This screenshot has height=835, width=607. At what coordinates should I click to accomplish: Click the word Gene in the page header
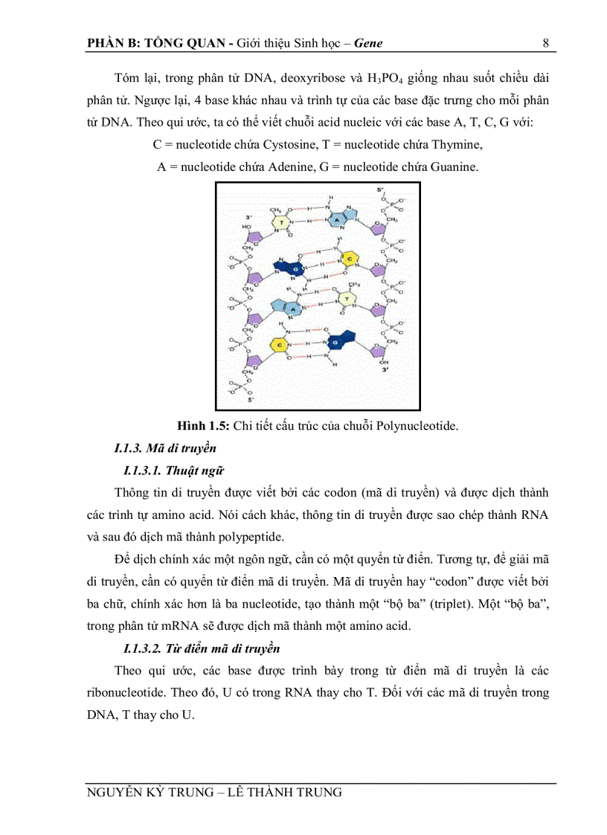point(369,42)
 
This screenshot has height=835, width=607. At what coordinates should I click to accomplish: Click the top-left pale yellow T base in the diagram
point(278,222)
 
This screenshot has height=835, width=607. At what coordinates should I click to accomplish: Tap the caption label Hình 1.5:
point(203,425)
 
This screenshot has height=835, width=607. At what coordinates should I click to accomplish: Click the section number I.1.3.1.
point(143,471)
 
